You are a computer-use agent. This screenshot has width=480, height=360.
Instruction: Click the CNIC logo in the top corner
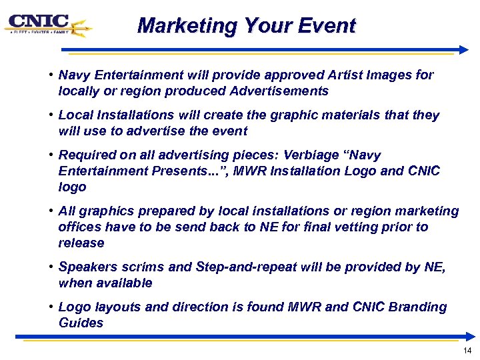[x=47, y=25]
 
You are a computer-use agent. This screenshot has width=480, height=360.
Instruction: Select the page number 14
[x=467, y=351]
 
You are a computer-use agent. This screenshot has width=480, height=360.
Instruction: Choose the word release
[x=81, y=243]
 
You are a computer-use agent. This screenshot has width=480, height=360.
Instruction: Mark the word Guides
[x=81, y=323]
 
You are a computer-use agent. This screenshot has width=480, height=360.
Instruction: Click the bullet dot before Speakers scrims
[x=51, y=267]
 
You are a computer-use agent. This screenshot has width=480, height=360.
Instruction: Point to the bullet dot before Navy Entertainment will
[x=51, y=75]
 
